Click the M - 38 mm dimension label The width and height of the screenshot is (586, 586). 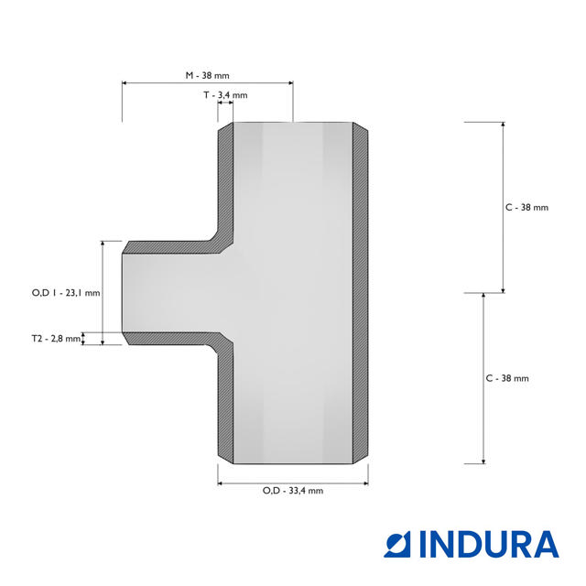[x=208, y=75]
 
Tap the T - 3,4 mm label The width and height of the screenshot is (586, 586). [x=225, y=95]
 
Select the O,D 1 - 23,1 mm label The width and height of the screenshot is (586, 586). [x=66, y=293]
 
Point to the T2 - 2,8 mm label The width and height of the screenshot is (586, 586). [x=56, y=339]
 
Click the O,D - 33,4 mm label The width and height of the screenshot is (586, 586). [x=293, y=491]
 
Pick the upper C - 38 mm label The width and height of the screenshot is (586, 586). [x=527, y=208]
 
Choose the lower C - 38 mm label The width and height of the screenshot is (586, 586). [x=507, y=378]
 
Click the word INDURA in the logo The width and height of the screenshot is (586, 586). [x=489, y=544]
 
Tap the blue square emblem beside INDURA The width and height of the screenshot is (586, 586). [x=397, y=544]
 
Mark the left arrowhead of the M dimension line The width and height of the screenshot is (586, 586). [x=125, y=83]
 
